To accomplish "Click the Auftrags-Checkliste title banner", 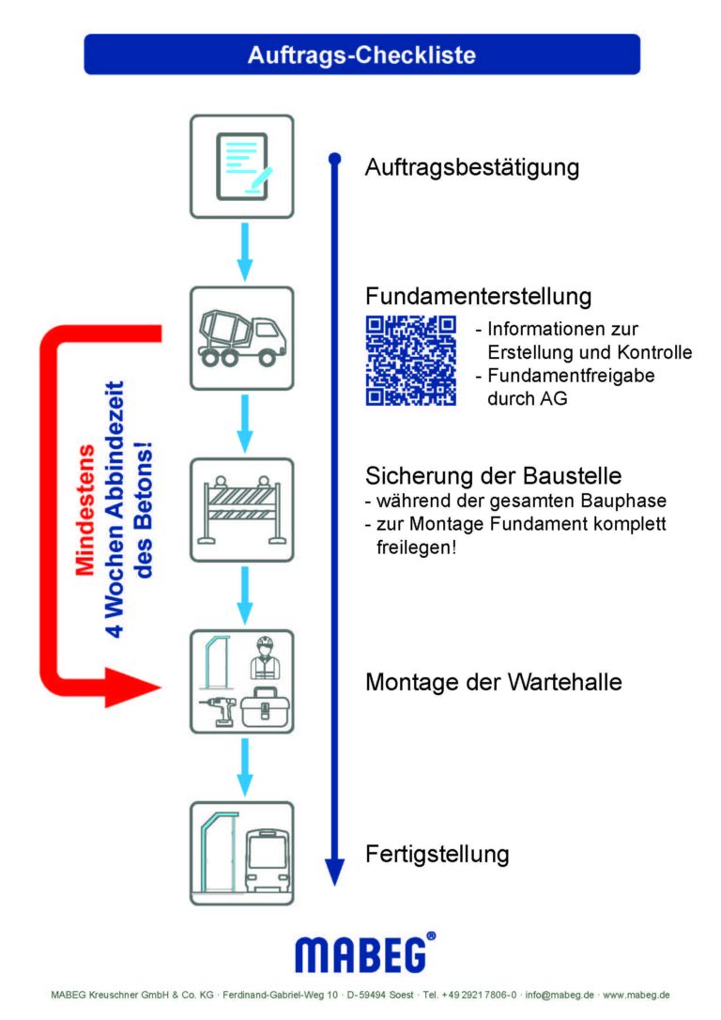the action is [361, 54].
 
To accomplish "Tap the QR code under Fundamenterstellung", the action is [411, 361].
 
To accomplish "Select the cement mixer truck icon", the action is [242, 338].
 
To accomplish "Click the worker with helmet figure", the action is [265, 658].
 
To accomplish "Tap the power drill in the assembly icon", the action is [218, 710].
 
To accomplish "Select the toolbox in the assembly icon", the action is [266, 708].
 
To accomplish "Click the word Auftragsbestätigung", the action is [472, 168].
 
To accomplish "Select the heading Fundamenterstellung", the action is [479, 296].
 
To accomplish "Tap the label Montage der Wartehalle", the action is [494, 682].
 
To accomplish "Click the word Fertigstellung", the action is [437, 854].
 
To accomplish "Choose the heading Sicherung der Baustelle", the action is [494, 475].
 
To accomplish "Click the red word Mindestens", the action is [85, 510].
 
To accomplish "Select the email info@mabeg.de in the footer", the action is [560, 995].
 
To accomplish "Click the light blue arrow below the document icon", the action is [244, 253].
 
